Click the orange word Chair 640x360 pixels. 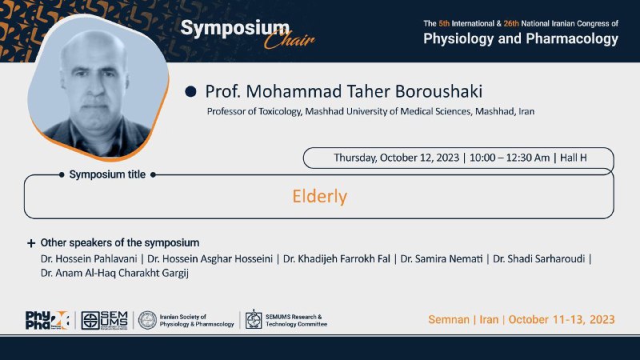tap(289, 40)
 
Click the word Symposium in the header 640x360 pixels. tap(234, 29)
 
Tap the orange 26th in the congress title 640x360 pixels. tap(511, 24)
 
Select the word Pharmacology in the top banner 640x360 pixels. tap(572, 38)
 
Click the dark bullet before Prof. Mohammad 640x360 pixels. tap(190, 91)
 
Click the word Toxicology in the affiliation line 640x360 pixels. tap(281, 111)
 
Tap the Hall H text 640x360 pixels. tap(573, 158)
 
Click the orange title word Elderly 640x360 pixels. tap(319, 196)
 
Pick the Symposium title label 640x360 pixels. tap(107, 174)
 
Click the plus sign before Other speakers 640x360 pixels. tap(31, 243)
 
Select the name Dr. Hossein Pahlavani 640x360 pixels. tap(89, 258)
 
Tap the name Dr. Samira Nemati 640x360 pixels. tap(442, 258)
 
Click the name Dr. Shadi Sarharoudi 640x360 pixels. tap(538, 258)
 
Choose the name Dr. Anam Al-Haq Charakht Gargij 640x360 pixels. tap(114, 273)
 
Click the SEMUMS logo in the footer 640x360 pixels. tap(105, 321)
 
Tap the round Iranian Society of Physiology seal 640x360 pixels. tap(147, 321)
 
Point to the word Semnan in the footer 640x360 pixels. tap(449, 319)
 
